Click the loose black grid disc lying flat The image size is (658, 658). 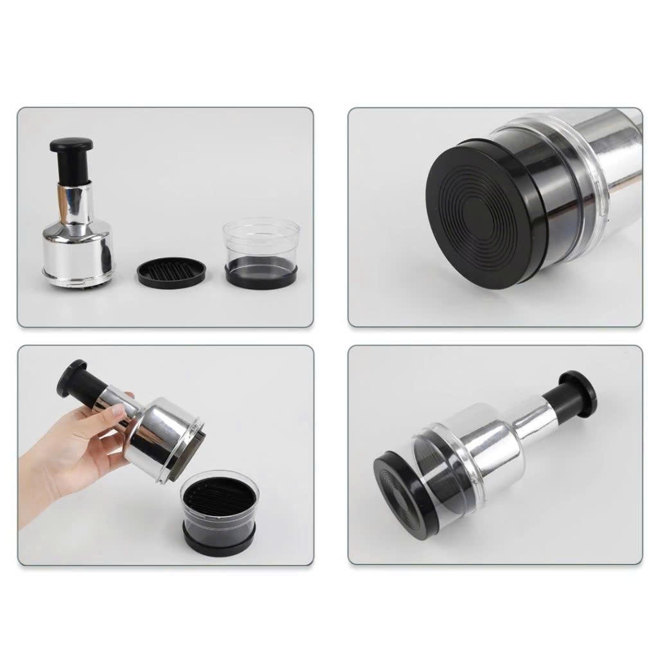(171, 273)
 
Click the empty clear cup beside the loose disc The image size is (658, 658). (261, 241)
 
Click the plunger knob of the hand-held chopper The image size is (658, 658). (71, 376)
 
